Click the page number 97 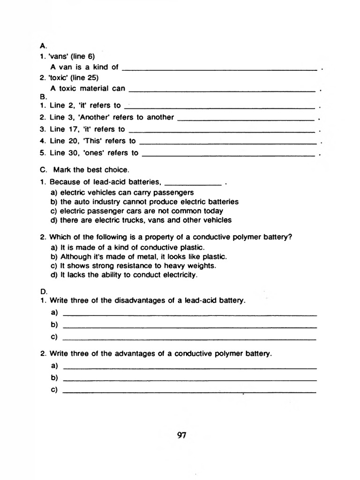point(182,435)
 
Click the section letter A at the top point(43,46)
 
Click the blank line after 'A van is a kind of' point(219,68)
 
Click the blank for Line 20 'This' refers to point(228,142)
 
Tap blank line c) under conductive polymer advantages point(189,391)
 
